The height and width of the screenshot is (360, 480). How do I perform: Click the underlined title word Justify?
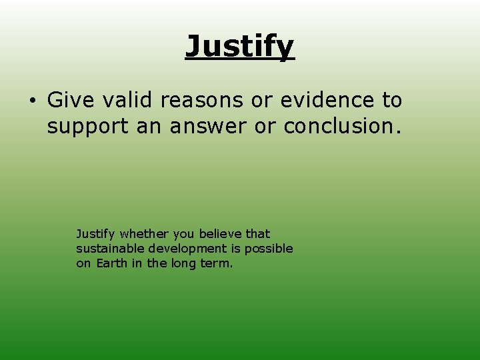click(x=240, y=47)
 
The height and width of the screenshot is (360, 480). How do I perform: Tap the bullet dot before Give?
click(x=31, y=101)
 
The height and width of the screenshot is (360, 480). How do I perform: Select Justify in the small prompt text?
click(x=95, y=234)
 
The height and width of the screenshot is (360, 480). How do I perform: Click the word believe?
click(x=221, y=233)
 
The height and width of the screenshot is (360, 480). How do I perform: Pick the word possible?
click(x=269, y=249)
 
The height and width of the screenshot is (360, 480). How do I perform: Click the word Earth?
click(x=111, y=263)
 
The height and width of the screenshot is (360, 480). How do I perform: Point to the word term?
click(x=219, y=263)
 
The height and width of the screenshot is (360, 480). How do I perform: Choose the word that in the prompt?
click(x=258, y=233)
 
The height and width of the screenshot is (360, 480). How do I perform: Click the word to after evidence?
click(x=392, y=100)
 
